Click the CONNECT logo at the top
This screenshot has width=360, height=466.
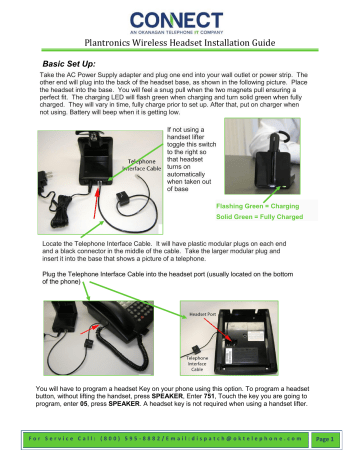coord(180,19)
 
